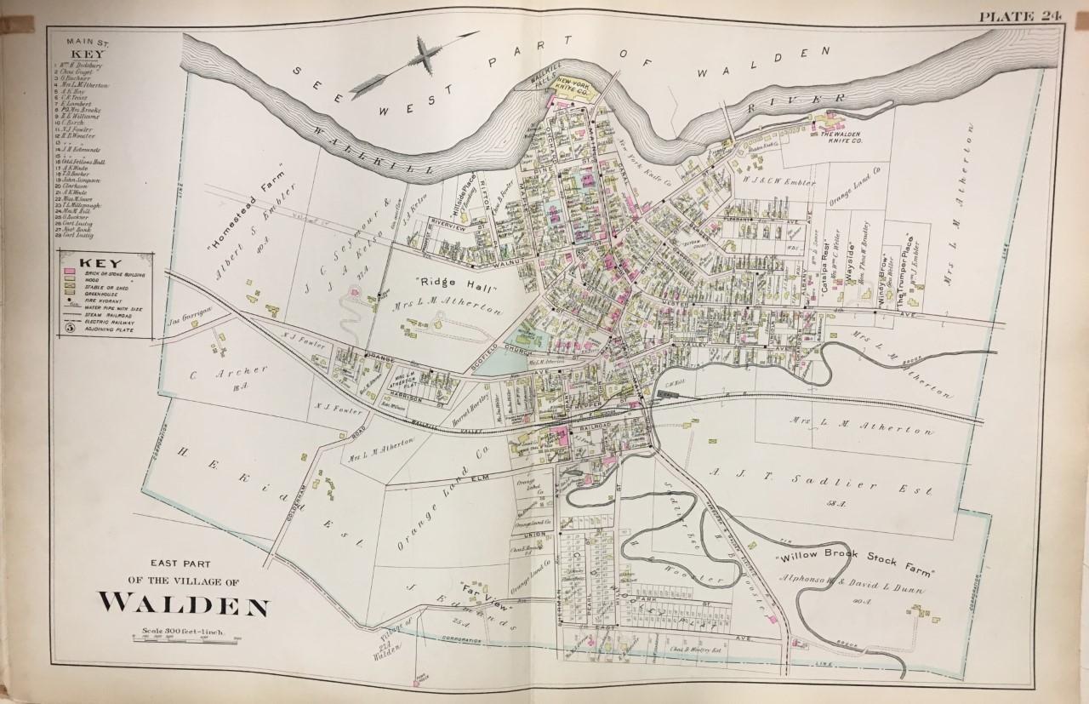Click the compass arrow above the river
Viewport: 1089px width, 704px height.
coord(400,68)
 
